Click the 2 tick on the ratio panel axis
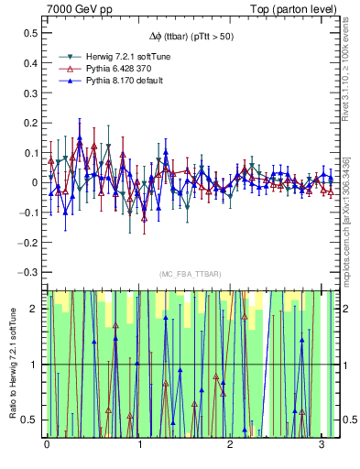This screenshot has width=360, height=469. pos(33,309)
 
